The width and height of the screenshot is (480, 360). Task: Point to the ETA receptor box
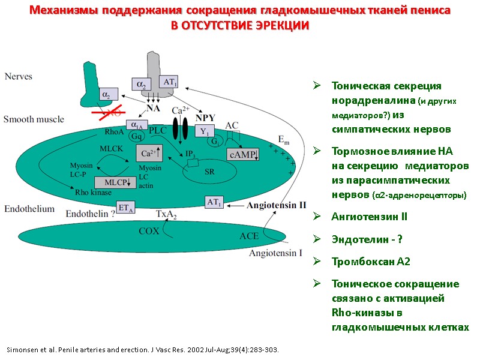click(x=125, y=208)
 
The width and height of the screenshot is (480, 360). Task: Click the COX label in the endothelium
click(x=149, y=230)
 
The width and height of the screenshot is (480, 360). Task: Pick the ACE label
click(x=249, y=236)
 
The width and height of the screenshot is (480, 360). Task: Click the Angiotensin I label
click(x=276, y=253)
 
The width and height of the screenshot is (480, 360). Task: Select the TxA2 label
click(x=166, y=214)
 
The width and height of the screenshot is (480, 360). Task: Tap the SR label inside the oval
click(x=209, y=171)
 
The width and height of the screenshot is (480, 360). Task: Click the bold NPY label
click(x=205, y=118)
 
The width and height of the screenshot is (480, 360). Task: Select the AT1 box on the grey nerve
click(x=169, y=82)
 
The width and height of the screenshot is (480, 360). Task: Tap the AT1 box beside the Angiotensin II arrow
click(x=214, y=202)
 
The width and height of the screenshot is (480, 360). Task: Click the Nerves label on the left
click(x=19, y=76)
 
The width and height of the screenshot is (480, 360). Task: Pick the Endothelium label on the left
click(x=29, y=209)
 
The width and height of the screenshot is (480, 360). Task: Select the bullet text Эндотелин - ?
click(x=367, y=239)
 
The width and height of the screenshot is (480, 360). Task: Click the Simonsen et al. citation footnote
click(x=142, y=349)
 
